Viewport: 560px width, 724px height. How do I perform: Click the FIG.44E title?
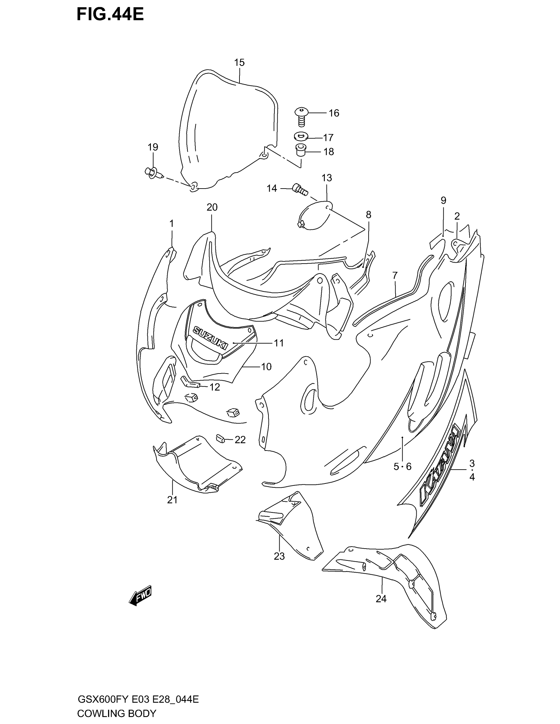pyautogui.click(x=110, y=15)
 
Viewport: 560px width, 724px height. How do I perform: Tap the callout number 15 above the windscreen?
pyautogui.click(x=239, y=62)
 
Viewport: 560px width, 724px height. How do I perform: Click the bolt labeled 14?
pyautogui.click(x=300, y=189)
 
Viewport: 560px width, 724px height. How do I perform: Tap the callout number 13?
pyautogui.click(x=326, y=178)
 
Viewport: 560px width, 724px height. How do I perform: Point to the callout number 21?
pyautogui.click(x=172, y=509)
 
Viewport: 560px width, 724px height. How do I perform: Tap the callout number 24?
pyautogui.click(x=381, y=598)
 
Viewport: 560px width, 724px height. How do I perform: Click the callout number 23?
pyautogui.click(x=279, y=556)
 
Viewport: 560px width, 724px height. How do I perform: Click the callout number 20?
pyautogui.click(x=212, y=207)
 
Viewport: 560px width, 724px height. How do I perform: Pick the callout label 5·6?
pyautogui.click(x=402, y=467)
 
